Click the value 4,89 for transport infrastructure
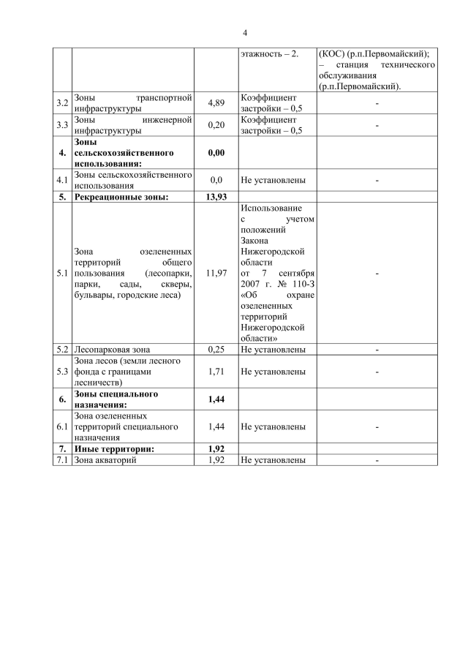pyautogui.click(x=216, y=103)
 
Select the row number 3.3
pyautogui.click(x=63, y=125)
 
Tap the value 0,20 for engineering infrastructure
pyautogui.click(x=216, y=125)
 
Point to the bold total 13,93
pyautogui.click(x=216, y=197)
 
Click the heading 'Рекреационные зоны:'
pyautogui.click(x=121, y=197)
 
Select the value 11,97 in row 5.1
pyautogui.click(x=216, y=273)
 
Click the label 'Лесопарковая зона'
pyautogui.click(x=110, y=349)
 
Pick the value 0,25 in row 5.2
pyautogui.click(x=216, y=349)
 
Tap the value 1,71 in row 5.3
pyautogui.click(x=216, y=372)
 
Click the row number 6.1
pyautogui.click(x=63, y=426)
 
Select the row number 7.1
pyautogui.click(x=63, y=460)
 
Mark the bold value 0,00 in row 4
pyautogui.click(x=216, y=153)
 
